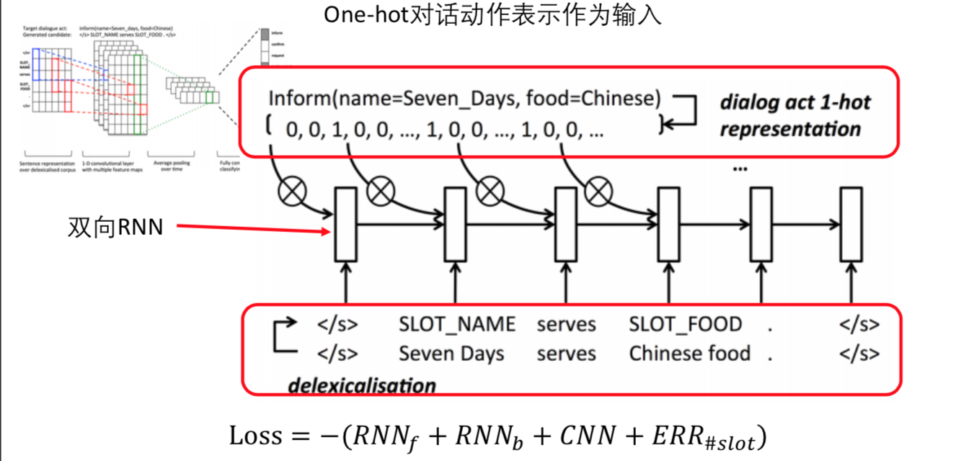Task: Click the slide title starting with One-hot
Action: (x=492, y=16)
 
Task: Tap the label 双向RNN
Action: (x=115, y=227)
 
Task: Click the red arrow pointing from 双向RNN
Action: (x=252, y=230)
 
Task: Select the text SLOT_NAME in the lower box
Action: (x=457, y=325)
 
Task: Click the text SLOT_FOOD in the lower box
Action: (x=685, y=325)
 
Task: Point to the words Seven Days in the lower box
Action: (x=451, y=354)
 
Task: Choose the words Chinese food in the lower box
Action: (x=689, y=354)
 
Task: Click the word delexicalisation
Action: (x=362, y=385)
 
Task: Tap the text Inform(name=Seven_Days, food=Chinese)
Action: (x=464, y=99)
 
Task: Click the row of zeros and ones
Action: (x=444, y=130)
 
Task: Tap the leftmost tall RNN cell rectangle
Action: (x=346, y=224)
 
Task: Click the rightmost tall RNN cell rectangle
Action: (x=851, y=224)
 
